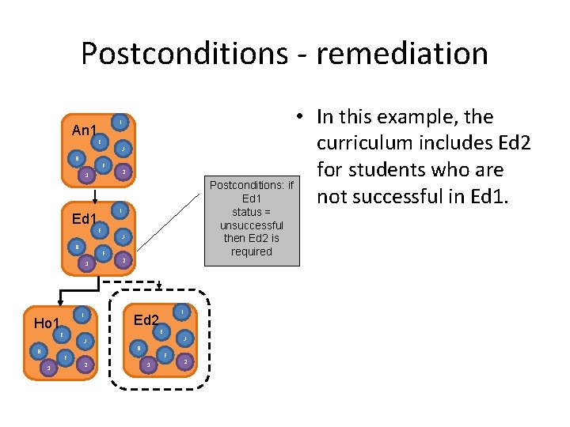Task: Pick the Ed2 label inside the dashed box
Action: (147, 319)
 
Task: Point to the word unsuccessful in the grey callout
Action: (251, 225)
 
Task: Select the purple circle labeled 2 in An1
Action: (122, 172)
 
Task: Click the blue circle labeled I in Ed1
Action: (120, 211)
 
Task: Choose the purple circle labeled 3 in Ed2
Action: (147, 365)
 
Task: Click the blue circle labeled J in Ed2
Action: (184, 338)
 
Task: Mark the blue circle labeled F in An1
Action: (103, 164)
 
